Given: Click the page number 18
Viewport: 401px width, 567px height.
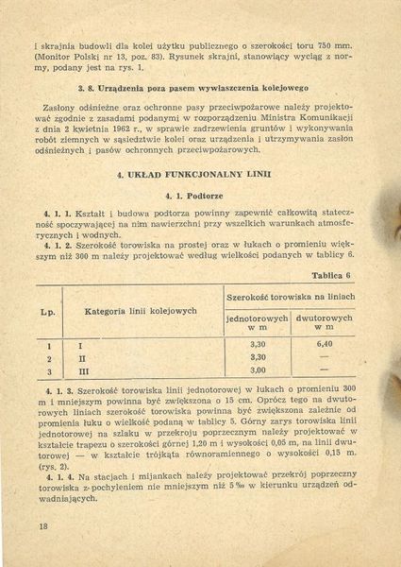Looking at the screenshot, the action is pyautogui.click(x=43, y=525).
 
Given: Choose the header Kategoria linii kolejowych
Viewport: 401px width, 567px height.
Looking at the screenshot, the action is pyautogui.click(x=141, y=310).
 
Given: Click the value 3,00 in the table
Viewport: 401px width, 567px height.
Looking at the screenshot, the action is pyautogui.click(x=258, y=370).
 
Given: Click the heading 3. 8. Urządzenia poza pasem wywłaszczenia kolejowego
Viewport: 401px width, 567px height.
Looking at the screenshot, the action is pyautogui.click(x=203, y=87).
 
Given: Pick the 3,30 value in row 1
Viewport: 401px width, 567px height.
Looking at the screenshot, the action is pyautogui.click(x=258, y=344).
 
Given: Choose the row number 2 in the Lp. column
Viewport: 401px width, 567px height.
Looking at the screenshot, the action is pyautogui.click(x=48, y=357).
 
